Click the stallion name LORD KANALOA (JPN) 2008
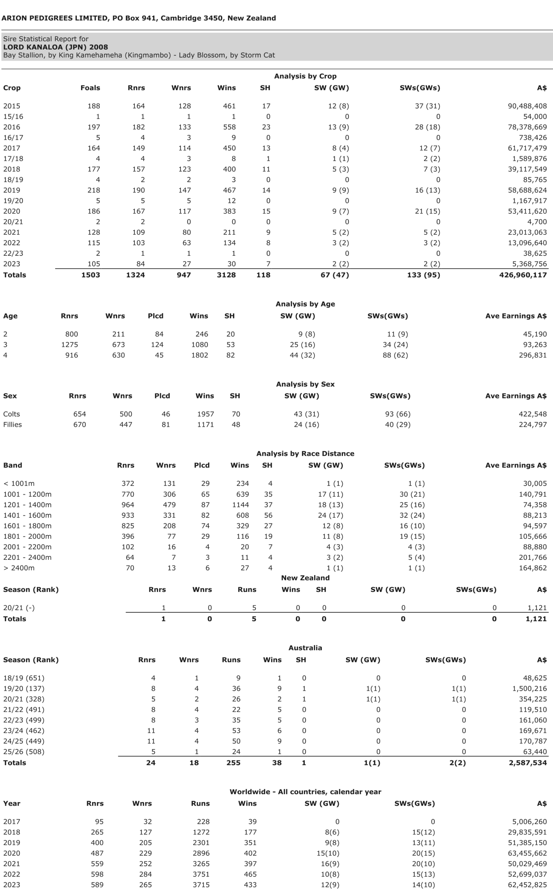coord(56,47)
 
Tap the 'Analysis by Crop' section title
coord(305,76)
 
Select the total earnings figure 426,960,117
coord(523,275)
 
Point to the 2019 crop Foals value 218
coord(94,190)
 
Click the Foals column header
coord(90,88)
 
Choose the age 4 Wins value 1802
coord(199,355)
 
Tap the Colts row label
coord(12,414)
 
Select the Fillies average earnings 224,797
coord(532,425)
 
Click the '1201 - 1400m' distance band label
coord(28,505)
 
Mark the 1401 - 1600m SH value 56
coord(268,515)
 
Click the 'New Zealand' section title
coord(305,578)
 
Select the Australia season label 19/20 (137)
coord(24,689)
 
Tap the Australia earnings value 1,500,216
coord(529,689)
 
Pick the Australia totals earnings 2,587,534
coord(528,763)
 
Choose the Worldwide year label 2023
coord(12,885)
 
